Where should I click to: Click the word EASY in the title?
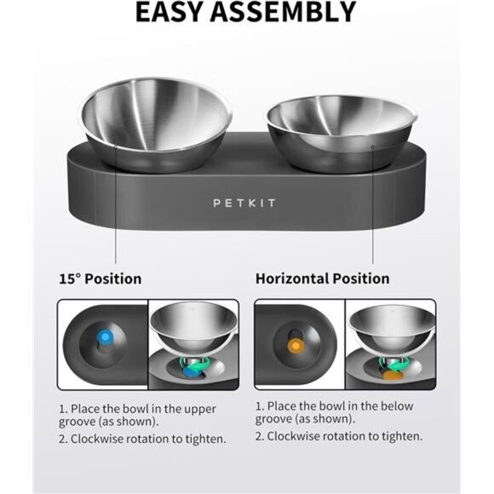pos(175,12)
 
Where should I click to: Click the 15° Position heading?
pos(100,279)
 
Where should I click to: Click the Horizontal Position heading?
pos(322,279)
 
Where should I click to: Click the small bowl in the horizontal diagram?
pos(389,331)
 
